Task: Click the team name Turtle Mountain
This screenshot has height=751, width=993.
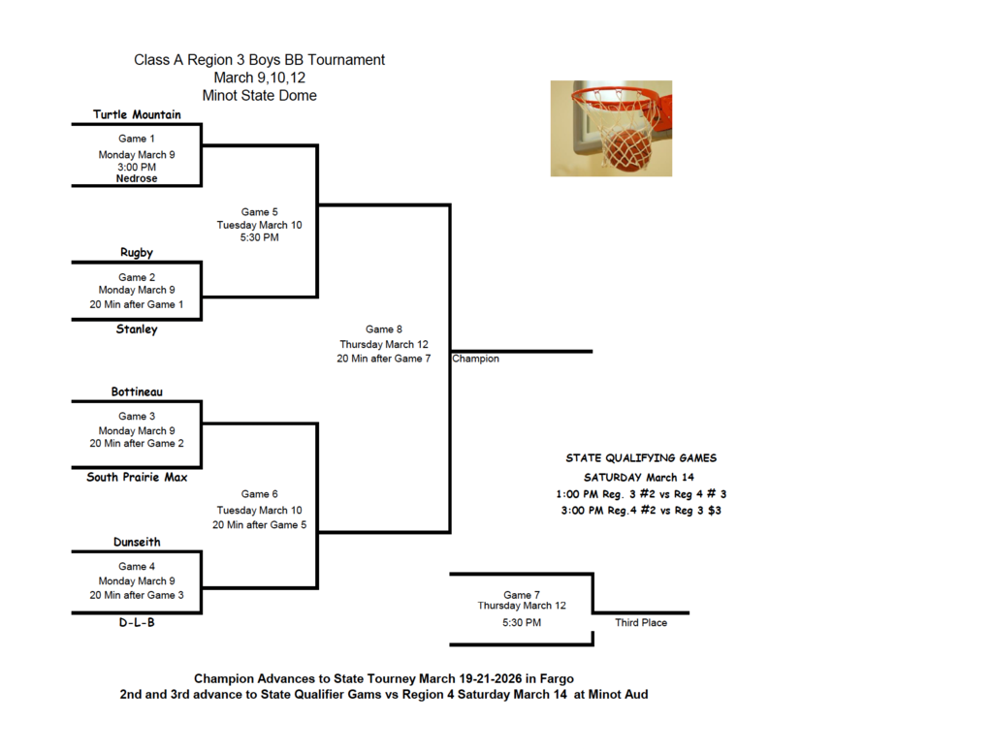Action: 137,114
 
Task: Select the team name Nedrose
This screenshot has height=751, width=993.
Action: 137,178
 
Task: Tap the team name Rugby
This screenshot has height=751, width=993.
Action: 137,252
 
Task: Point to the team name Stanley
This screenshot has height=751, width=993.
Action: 137,329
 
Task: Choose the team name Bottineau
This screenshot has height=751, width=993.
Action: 137,391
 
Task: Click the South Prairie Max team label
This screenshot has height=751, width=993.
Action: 137,477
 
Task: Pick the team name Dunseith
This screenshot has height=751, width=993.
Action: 137,542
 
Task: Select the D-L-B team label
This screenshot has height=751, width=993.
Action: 137,623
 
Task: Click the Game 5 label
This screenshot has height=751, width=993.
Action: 259,211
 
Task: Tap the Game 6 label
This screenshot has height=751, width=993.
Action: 259,494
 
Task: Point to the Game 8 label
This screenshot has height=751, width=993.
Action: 383,329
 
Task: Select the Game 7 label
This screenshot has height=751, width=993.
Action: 521,594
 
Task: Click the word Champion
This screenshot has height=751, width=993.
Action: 476,359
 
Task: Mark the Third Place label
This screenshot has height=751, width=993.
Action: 641,623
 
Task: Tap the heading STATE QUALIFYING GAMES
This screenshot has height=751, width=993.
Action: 641,457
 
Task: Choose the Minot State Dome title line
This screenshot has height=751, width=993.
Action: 259,96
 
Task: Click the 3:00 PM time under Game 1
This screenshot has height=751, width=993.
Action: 137,167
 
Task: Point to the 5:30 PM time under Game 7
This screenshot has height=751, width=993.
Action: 521,623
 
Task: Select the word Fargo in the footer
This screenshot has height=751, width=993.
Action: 567,678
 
